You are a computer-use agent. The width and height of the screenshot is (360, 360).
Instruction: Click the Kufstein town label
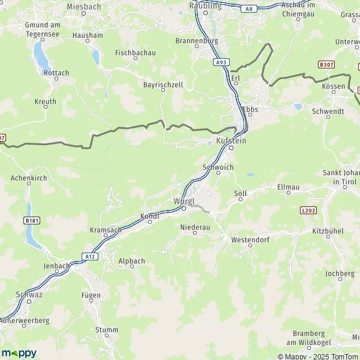click(x=230, y=140)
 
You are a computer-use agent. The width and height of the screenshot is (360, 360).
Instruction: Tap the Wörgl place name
click(x=184, y=200)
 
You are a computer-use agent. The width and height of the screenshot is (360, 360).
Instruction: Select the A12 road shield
click(x=90, y=256)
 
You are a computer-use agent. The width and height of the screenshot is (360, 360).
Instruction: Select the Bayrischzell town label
click(x=163, y=85)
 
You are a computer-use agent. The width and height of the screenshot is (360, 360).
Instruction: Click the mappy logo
click(x=19, y=353)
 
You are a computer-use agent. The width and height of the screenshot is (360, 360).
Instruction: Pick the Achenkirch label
click(x=30, y=178)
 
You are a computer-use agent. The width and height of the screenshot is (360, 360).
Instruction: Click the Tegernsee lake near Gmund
click(x=41, y=57)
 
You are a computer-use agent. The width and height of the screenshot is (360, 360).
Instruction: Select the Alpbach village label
click(x=131, y=262)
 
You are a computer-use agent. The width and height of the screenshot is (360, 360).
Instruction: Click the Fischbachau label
click(x=135, y=53)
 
